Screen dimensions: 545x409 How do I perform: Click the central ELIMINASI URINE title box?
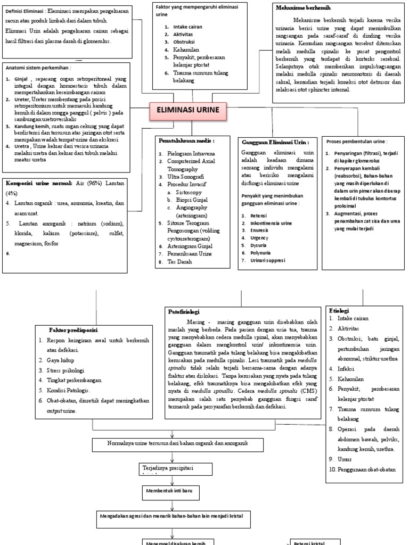point(188,110)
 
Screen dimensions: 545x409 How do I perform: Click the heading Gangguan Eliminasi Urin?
point(275,143)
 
